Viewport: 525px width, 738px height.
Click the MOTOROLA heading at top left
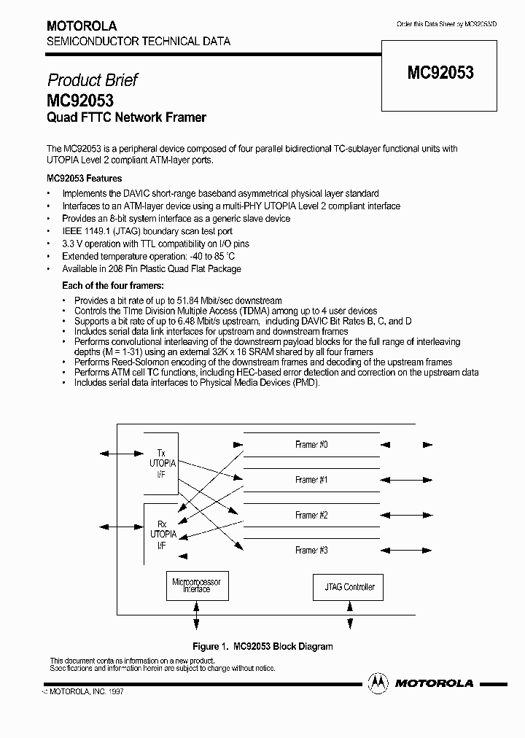pos(81,26)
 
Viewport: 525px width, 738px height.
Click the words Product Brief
pos(92,79)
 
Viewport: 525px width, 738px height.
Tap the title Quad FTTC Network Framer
pos(126,117)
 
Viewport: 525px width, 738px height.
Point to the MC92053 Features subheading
pos(84,178)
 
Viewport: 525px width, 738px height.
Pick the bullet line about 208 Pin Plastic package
pos(151,268)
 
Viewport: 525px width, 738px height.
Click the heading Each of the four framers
pos(112,285)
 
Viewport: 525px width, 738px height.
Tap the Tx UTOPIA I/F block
pos(161,463)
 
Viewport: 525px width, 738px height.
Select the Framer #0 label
pos(311,445)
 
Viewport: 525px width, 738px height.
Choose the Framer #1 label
pos(311,480)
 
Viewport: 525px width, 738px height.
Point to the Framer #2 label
pos(311,515)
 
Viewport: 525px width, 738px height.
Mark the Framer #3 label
pos(311,550)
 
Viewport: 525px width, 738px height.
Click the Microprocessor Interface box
pos(196,586)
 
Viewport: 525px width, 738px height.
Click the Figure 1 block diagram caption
pos(262,646)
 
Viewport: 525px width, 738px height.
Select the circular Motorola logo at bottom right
pos(378,683)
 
